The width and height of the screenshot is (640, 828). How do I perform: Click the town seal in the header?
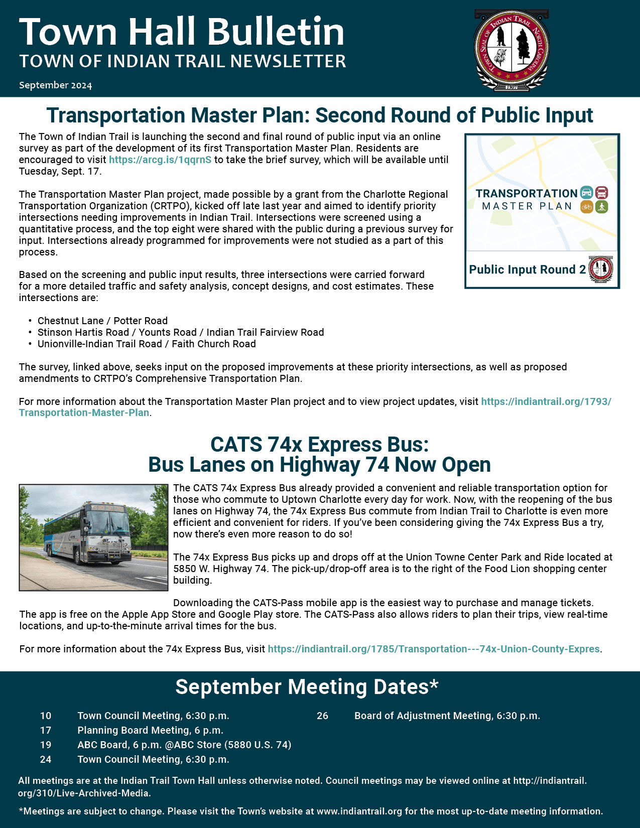click(511, 50)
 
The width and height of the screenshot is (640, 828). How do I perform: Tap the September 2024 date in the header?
click(55, 85)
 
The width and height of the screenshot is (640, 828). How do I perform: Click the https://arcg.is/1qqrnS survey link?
click(160, 160)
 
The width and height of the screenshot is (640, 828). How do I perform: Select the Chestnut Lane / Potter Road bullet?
click(102, 321)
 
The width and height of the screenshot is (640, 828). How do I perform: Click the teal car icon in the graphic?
click(586, 192)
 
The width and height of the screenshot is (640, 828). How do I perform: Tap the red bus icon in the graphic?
click(601, 192)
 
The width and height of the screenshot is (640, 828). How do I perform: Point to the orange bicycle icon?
click(586, 206)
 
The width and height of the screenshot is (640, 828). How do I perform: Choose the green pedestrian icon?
click(601, 206)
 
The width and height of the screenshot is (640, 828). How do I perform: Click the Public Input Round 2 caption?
click(527, 269)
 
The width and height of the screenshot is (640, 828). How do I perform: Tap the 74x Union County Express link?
click(434, 649)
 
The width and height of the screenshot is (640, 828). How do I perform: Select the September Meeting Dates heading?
click(307, 687)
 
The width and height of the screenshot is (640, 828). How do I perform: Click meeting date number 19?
click(46, 745)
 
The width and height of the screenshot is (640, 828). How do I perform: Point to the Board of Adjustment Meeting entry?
click(447, 716)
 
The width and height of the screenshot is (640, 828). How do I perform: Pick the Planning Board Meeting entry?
click(150, 730)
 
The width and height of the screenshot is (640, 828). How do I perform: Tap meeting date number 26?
click(322, 716)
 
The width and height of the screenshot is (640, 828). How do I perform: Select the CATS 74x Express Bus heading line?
click(319, 445)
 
